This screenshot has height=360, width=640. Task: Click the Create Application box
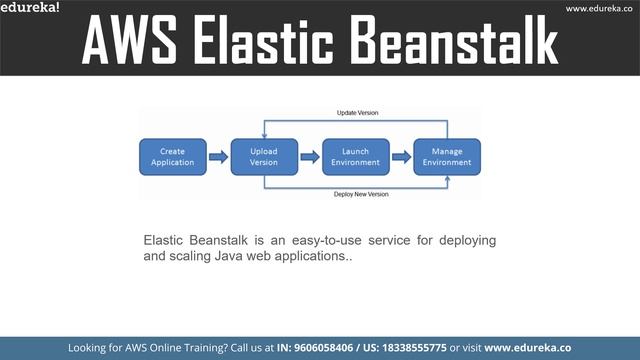pos(172,157)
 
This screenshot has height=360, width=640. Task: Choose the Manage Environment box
pos(448,157)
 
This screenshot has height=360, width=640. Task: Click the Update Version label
pos(356,113)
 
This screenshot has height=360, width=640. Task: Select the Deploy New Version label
pos(361,194)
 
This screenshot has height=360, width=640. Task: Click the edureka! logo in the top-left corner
pos(30,8)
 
